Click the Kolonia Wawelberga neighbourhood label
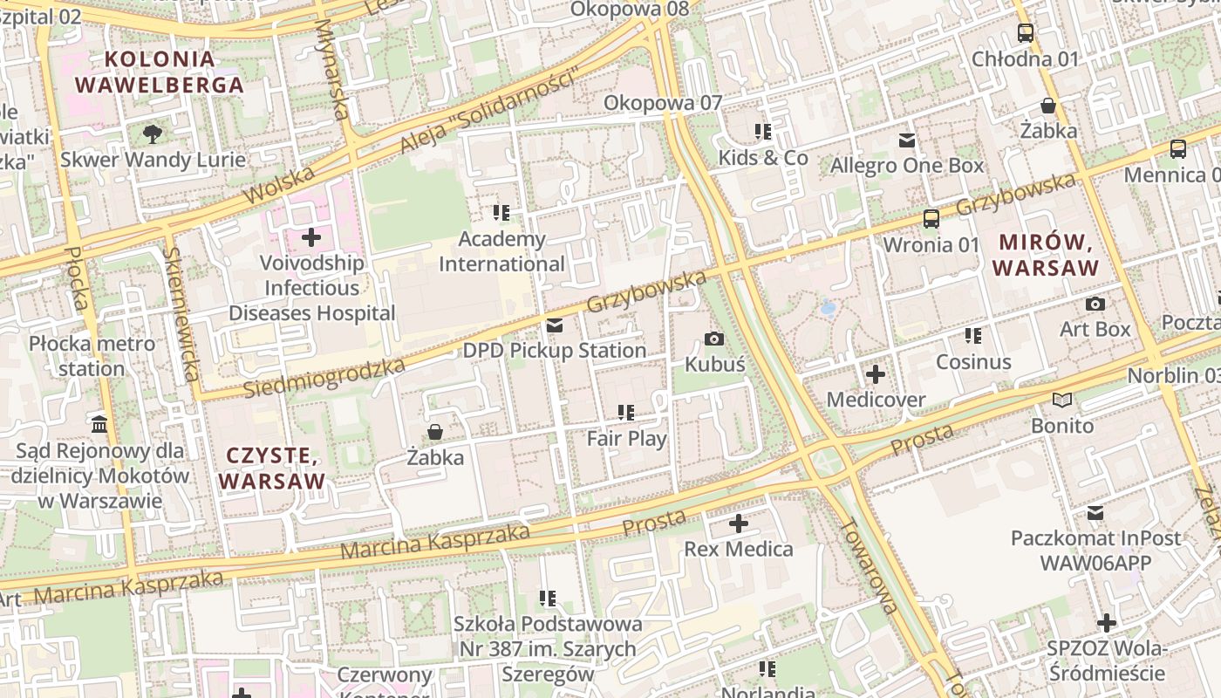tap(159, 72)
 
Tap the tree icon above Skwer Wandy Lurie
tap(153, 133)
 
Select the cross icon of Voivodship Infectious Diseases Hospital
tap(311, 236)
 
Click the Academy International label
tap(501, 251)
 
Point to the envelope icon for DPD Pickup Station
tap(554, 325)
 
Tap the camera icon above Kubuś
tap(714, 339)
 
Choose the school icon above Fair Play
tap(625, 412)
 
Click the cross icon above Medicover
tap(875, 374)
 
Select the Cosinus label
tap(973, 362)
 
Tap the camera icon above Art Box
tap(1095, 304)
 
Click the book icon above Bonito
tap(1061, 400)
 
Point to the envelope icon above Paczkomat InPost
tap(1095, 512)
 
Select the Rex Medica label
tap(738, 549)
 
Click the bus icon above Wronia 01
tap(931, 219)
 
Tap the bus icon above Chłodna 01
tap(1026, 34)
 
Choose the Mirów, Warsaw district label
tap(1045, 255)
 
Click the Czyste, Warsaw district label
tap(271, 468)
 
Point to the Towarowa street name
tap(869, 565)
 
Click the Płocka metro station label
tap(92, 356)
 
